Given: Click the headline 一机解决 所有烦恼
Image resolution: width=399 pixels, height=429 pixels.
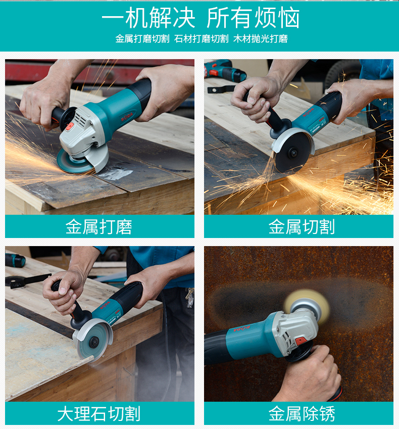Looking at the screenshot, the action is click(201, 18).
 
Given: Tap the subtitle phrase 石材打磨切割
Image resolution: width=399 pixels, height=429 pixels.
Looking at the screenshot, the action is click(202, 39).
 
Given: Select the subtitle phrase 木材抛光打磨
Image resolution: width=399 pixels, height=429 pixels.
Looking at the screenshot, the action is click(260, 39).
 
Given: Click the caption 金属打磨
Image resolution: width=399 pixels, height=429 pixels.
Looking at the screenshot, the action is click(98, 227).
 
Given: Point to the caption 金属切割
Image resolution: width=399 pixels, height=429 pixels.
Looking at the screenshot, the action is click(302, 227).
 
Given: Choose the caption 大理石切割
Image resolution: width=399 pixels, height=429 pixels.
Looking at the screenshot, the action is click(98, 414).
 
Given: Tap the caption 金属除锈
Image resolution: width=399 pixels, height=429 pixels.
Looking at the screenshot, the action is click(302, 414).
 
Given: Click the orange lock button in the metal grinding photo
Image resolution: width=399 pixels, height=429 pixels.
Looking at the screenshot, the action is click(70, 126).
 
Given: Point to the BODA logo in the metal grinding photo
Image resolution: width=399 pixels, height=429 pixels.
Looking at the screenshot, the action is click(127, 116).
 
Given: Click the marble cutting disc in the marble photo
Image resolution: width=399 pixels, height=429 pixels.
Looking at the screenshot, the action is click(92, 342).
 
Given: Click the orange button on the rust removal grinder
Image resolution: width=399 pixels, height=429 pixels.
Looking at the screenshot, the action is click(301, 341).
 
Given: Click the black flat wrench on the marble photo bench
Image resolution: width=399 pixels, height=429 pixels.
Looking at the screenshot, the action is click(27, 281).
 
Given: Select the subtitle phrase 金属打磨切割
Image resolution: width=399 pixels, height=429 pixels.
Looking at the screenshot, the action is click(142, 39).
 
